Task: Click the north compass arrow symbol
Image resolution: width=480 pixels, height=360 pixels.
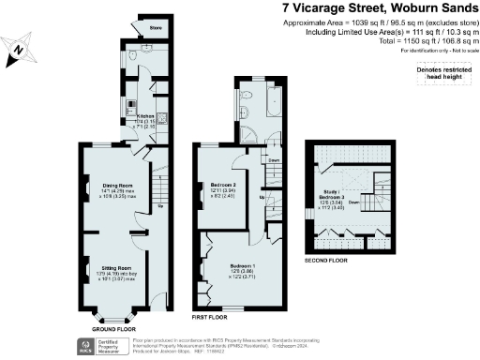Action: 22,48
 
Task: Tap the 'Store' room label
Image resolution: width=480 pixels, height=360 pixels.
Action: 155,29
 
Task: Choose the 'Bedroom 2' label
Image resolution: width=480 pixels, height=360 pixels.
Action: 222,186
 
